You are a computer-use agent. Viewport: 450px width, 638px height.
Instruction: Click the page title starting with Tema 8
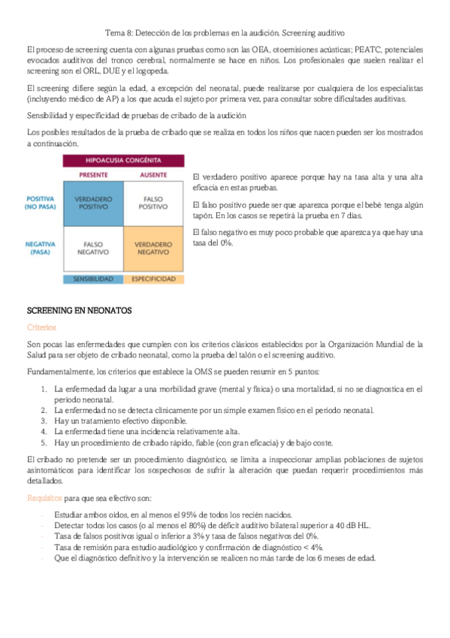click(x=224, y=33)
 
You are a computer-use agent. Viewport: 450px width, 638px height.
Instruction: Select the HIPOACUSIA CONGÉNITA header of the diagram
click(x=123, y=160)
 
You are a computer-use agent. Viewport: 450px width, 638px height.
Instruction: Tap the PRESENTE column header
click(x=93, y=175)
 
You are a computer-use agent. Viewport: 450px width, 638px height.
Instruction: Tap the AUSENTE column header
click(x=153, y=175)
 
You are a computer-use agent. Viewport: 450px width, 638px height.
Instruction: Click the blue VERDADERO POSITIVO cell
click(x=93, y=202)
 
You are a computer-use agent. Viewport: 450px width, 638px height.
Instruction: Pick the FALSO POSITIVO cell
click(x=153, y=202)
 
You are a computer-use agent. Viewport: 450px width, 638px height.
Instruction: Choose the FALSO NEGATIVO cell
click(x=93, y=249)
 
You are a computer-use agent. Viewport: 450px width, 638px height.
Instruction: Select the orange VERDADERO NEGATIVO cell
click(x=153, y=249)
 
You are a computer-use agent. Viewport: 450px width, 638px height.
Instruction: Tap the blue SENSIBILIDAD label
click(x=93, y=278)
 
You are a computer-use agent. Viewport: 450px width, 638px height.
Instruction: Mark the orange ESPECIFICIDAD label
click(x=153, y=278)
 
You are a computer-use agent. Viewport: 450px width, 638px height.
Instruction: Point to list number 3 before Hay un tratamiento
click(x=43, y=421)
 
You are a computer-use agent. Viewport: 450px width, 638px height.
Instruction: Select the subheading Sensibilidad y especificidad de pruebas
click(x=137, y=115)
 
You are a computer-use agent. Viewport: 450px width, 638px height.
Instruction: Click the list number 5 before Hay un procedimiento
click(x=43, y=443)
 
